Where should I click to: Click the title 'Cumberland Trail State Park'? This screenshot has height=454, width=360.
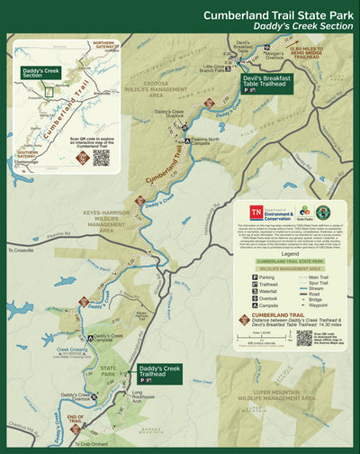click(x=278, y=14)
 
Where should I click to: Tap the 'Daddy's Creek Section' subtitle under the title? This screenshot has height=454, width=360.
click(x=302, y=27)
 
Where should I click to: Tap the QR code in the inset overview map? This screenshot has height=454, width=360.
click(x=102, y=157)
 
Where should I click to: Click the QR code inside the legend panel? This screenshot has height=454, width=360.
click(x=303, y=338)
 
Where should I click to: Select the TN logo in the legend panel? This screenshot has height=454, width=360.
click(x=256, y=213)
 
